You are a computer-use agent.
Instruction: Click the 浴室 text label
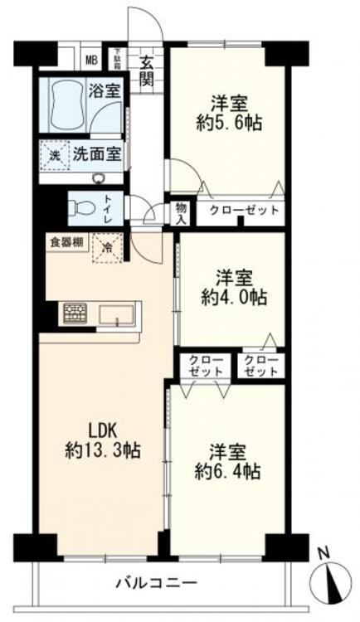tap(106, 90)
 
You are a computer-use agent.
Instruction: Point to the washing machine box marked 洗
tap(53, 153)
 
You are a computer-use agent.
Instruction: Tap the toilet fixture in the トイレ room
tap(80, 207)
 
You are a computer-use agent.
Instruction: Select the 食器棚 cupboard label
tap(65, 243)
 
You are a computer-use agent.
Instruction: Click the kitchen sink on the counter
tap(119, 314)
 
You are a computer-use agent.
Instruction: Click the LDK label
tap(105, 431)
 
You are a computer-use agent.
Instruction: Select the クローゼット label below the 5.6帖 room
tap(243, 211)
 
